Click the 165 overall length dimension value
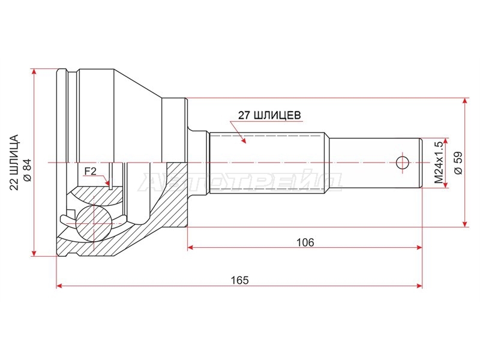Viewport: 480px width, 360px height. pyautogui.click(x=239, y=280)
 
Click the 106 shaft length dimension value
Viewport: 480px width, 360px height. pyautogui.click(x=305, y=242)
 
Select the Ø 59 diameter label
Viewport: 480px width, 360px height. pyautogui.click(x=458, y=163)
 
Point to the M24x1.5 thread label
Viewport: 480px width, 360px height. pyautogui.click(x=439, y=163)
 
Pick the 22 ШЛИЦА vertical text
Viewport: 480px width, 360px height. pyautogui.click(x=14, y=162)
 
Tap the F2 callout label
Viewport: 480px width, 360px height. pyautogui.click(x=91, y=171)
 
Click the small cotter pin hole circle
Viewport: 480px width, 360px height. pyautogui.click(x=402, y=163)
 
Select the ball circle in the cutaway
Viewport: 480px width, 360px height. pyautogui.click(x=93, y=223)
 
